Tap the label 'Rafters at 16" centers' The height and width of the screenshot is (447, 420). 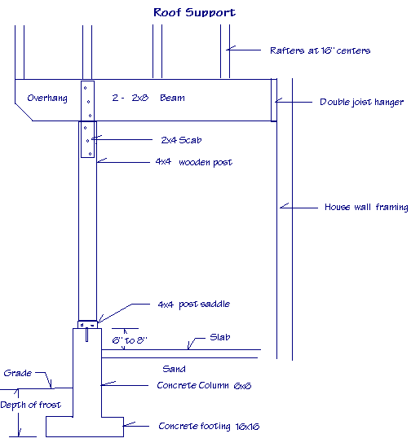coord(320,50)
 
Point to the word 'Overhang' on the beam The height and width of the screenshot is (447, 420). coord(46,99)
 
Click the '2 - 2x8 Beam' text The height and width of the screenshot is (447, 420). coord(149,99)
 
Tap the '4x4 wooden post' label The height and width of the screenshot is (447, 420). coord(193,162)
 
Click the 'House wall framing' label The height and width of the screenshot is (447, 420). coord(365,207)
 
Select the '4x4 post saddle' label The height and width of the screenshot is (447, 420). coord(193,304)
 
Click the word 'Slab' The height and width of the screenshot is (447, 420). coord(221,336)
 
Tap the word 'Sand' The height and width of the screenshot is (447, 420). coord(175,369)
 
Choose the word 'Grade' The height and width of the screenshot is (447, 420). coord(18,374)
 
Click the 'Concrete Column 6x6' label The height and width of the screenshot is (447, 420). coord(204,385)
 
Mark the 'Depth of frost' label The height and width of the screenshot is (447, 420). coord(29,405)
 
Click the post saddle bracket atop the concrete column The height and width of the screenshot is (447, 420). coord(87,323)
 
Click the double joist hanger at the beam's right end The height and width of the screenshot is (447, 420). coord(274,101)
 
